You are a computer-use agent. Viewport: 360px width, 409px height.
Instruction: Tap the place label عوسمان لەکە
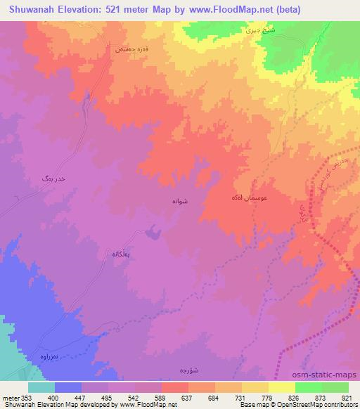point(248,200)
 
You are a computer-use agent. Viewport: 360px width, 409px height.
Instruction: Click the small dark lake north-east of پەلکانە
point(151,231)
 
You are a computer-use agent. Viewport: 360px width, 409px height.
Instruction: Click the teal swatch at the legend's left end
point(41,387)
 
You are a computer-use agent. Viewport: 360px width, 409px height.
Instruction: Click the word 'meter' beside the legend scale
point(8,397)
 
